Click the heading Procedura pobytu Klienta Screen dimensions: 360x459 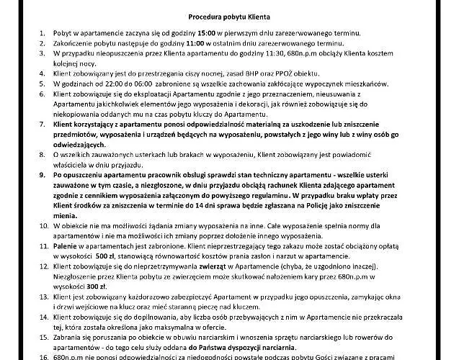point(230,15)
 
